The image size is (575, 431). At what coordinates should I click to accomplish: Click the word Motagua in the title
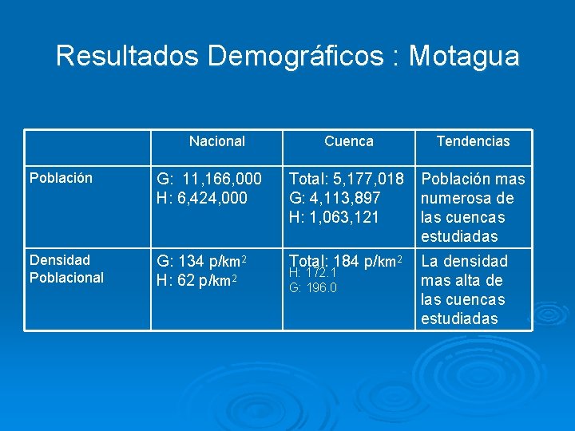click(x=465, y=56)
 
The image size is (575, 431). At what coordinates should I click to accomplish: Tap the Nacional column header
click(x=216, y=141)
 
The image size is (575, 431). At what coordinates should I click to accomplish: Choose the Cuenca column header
click(x=348, y=141)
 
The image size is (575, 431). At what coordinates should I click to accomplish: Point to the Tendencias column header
click(x=473, y=141)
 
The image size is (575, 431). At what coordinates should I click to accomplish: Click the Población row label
click(x=61, y=178)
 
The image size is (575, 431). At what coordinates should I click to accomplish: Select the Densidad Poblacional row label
click(x=67, y=268)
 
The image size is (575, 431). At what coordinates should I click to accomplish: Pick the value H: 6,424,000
click(x=202, y=198)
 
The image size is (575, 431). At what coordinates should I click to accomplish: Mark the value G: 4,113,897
click(x=335, y=198)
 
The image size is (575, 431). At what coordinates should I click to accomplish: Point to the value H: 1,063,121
click(x=335, y=217)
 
